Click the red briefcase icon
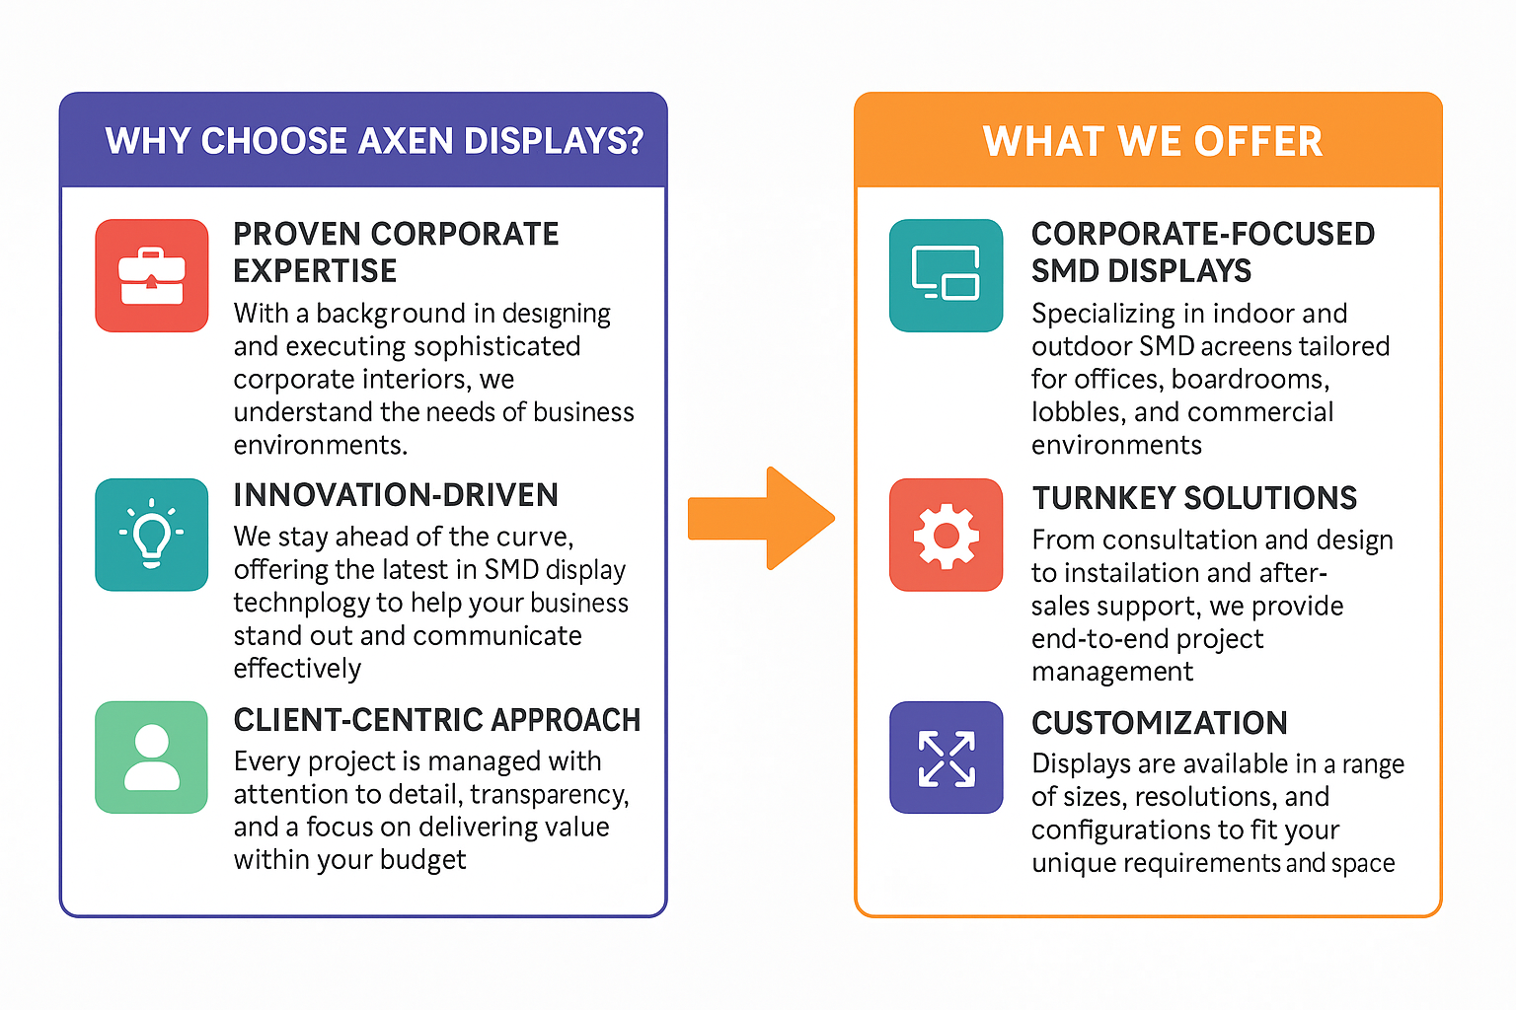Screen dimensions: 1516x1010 [x=152, y=275]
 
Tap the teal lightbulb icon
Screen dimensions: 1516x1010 [x=152, y=535]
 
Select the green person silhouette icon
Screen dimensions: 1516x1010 [x=152, y=757]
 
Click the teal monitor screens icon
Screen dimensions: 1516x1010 [x=946, y=275]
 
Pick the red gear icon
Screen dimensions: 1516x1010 [x=946, y=535]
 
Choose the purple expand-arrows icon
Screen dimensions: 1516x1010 [x=946, y=757]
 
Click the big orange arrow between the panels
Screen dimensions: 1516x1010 [x=761, y=518]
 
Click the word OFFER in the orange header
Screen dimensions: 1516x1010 [x=1257, y=141]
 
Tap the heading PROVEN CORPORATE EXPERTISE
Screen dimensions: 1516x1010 [x=396, y=252]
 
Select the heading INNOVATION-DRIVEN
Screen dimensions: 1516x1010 [x=396, y=494]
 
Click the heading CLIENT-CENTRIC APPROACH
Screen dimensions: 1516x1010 [x=436, y=720]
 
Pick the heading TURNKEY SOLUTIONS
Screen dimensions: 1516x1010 [x=1194, y=498]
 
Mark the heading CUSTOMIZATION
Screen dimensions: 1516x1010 [x=1160, y=723]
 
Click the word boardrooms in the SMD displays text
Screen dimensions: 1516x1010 [x=1251, y=380]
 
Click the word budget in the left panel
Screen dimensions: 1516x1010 [x=423, y=861]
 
